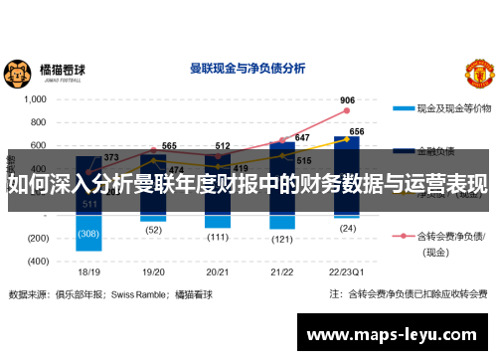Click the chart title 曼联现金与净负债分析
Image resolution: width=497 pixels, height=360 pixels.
pyautogui.click(x=248, y=69)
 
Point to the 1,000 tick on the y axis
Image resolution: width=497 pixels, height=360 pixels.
pyautogui.click(x=35, y=99)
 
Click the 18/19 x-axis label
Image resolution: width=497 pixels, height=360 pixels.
pyautogui.click(x=88, y=271)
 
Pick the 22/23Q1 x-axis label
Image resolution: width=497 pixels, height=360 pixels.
pyautogui.click(x=346, y=271)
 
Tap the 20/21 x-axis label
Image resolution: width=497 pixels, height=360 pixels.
pyautogui.click(x=218, y=271)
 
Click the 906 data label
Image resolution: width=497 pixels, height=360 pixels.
pyautogui.click(x=347, y=100)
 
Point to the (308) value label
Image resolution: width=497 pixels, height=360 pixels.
pyautogui.click(x=88, y=234)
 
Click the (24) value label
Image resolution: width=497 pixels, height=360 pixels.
pyautogui.click(x=347, y=228)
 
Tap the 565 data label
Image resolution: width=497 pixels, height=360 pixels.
pyautogui.click(x=169, y=146)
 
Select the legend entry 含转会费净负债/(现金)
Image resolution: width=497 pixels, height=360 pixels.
pyautogui.click(x=452, y=244)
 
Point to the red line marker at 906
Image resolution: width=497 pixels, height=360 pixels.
pyautogui.click(x=347, y=111)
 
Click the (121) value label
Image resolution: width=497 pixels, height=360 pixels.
pyautogui.click(x=282, y=239)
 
